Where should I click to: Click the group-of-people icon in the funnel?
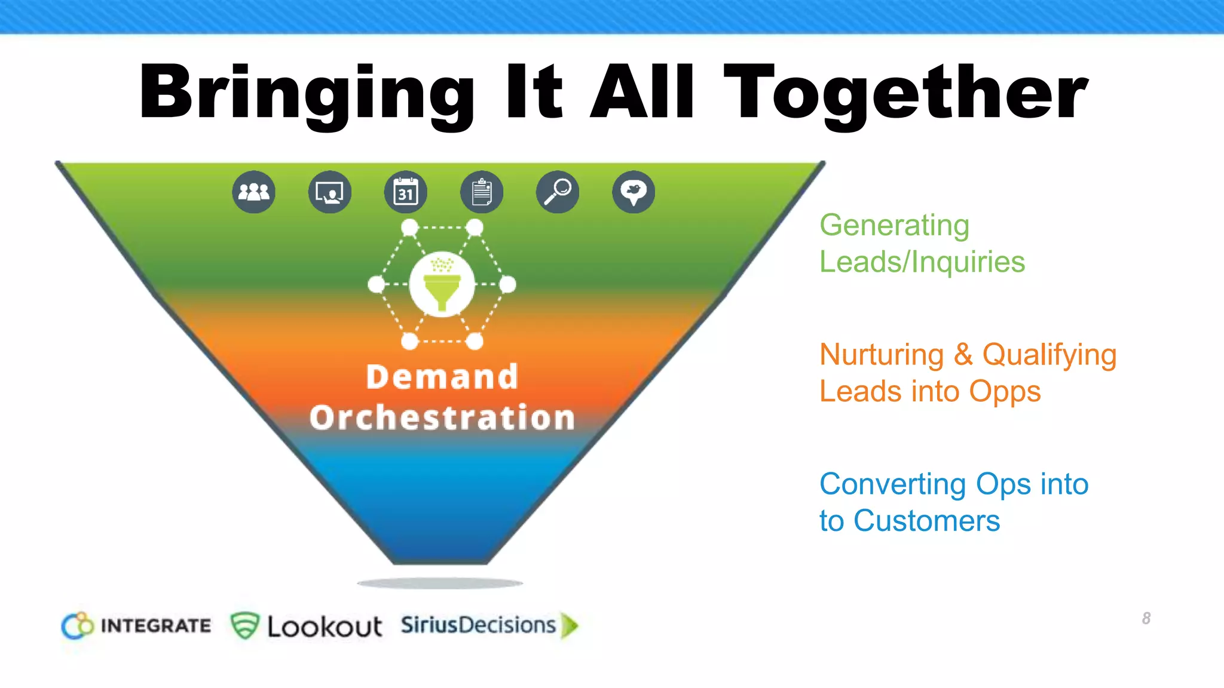(x=254, y=192)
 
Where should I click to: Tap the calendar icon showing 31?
(x=406, y=192)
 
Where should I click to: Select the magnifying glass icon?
(x=558, y=192)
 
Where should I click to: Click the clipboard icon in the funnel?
(x=482, y=192)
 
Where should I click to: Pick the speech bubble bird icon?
(x=634, y=192)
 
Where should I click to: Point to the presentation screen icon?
(x=330, y=192)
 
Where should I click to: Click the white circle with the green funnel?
(x=442, y=284)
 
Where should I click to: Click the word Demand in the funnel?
(x=442, y=377)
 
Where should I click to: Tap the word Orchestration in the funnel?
(x=442, y=417)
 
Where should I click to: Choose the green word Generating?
(x=894, y=226)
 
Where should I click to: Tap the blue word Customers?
(x=926, y=521)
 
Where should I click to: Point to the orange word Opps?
(x=1005, y=392)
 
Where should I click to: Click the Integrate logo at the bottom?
(x=136, y=625)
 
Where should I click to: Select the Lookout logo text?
(x=325, y=626)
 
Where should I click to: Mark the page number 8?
(x=1146, y=618)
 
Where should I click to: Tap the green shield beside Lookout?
(x=244, y=625)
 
